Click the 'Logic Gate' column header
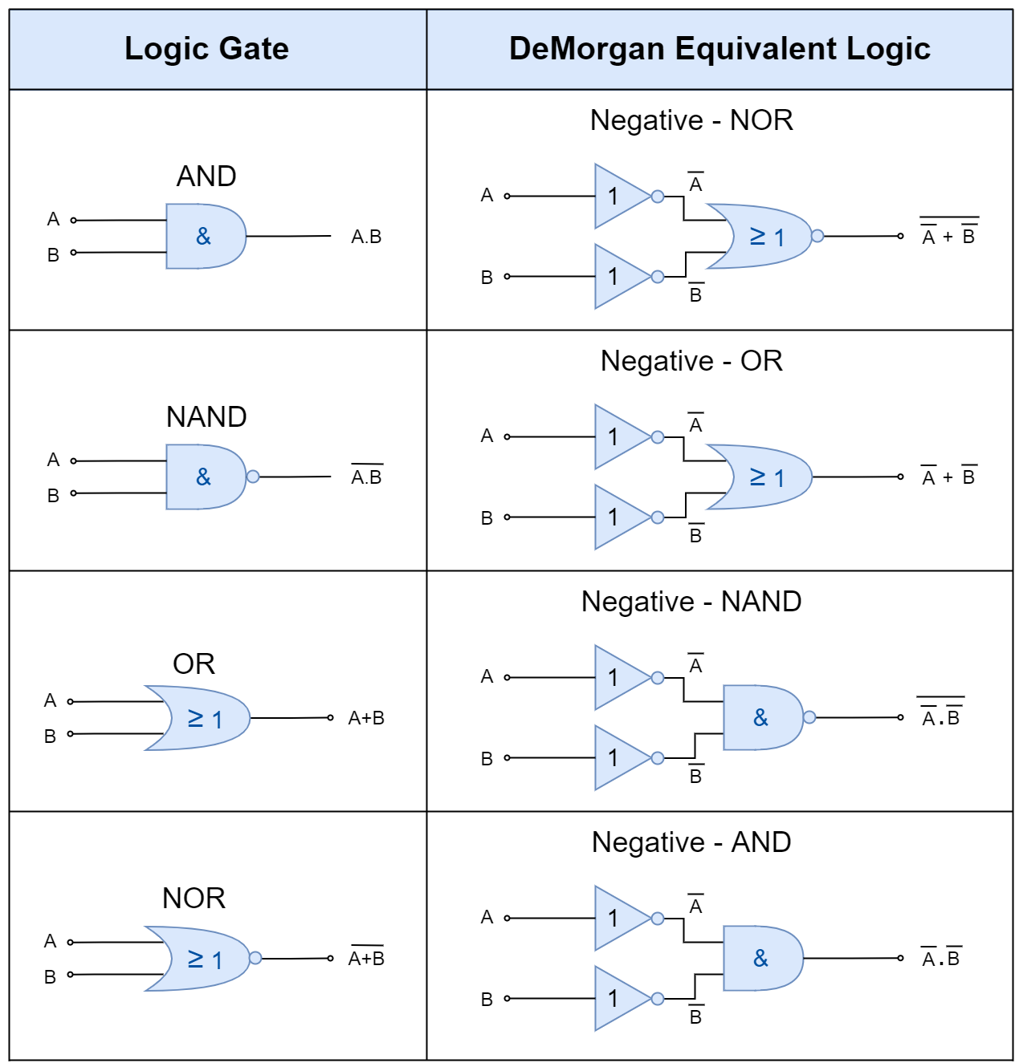tap(206, 49)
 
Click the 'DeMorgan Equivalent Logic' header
tap(719, 49)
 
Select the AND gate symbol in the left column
tap(206, 237)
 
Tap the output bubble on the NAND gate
tap(253, 477)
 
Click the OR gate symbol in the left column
tap(198, 717)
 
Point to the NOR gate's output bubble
tap(255, 958)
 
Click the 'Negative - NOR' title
tap(691, 120)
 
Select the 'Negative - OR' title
tap(691, 361)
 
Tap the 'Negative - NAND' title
tap(691, 601)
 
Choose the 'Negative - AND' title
tap(691, 842)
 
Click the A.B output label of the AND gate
tap(366, 237)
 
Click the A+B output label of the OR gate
tap(366, 717)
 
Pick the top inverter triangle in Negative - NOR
tap(622, 196)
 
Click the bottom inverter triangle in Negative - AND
tap(622, 998)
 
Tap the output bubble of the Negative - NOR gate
tap(817, 236)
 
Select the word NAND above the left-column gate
tap(206, 417)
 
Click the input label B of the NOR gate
tap(50, 977)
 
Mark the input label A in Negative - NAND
tap(487, 676)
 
